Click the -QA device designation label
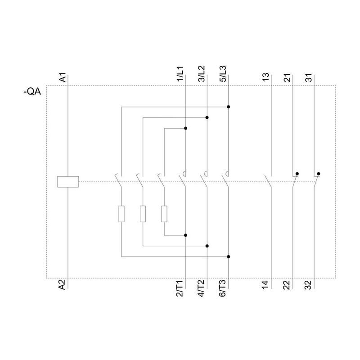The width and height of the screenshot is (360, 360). pos(32,92)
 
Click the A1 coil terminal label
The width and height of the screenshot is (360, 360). pos(63,77)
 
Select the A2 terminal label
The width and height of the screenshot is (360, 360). pos(62,284)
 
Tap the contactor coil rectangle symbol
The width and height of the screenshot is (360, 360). pos(68,182)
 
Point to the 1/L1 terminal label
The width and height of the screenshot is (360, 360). pos(180,74)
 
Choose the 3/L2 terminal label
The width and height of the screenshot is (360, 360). pos(201,74)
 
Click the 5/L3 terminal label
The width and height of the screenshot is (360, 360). pos(223,74)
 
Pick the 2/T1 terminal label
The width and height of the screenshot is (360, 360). pos(180,288)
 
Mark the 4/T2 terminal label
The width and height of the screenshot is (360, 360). pos(201,288)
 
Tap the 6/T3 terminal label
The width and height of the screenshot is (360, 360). pos(222,288)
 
